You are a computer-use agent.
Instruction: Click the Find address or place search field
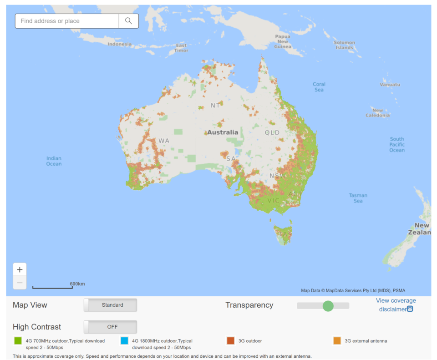tap(67, 21)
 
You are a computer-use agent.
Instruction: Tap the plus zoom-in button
tap(20, 269)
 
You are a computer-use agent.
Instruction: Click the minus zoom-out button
tap(20, 283)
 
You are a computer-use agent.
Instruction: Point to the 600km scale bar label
tap(77, 284)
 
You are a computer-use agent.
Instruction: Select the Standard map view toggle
tap(110, 305)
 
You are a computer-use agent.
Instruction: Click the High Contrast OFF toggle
tap(110, 327)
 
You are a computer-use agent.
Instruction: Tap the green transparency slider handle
tap(328, 306)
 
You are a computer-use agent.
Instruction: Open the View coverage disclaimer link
tap(395, 305)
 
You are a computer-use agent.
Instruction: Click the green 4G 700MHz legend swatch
tap(18, 340)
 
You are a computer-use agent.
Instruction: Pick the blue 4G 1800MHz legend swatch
tap(125, 340)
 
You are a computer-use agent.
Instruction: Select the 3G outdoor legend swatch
tap(231, 340)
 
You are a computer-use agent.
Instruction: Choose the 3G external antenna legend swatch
tap(337, 340)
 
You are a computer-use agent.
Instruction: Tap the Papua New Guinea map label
tap(282, 41)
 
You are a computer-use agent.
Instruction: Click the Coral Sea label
tap(319, 87)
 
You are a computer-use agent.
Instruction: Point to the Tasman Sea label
tap(358, 198)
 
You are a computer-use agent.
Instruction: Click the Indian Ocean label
tap(54, 161)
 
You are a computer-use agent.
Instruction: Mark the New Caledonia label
tap(377, 113)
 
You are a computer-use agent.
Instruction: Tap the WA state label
tap(164, 141)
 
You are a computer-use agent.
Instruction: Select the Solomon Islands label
tap(345, 45)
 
